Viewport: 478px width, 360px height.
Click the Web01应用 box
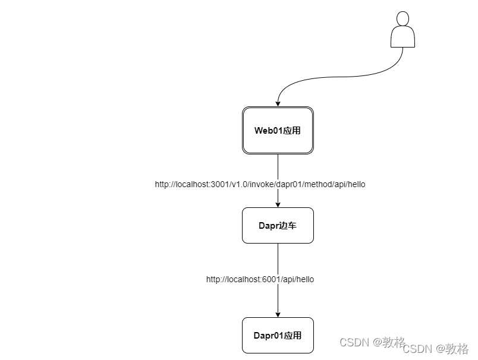click(x=278, y=131)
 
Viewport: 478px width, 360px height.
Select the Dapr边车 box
click(x=278, y=225)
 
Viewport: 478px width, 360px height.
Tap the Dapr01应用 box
click(x=278, y=335)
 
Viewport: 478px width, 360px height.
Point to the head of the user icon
click(x=402, y=18)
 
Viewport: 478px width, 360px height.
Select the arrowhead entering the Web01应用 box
click(x=278, y=103)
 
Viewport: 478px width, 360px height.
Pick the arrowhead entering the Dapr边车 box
click(x=278, y=204)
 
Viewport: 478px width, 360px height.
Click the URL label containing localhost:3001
click(x=260, y=184)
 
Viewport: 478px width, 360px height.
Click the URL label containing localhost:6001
click(x=260, y=279)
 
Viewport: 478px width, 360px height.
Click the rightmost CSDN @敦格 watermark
click(x=436, y=349)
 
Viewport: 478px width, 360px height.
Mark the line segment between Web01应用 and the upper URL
click(x=278, y=166)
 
